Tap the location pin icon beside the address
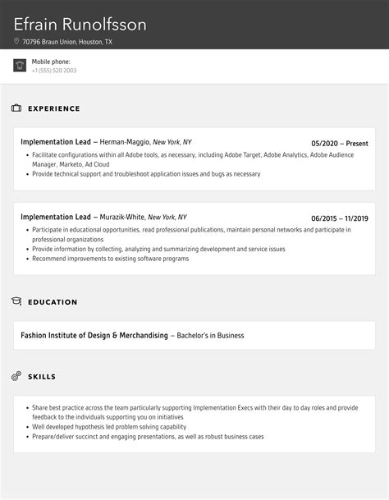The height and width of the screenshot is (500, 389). pos(16,41)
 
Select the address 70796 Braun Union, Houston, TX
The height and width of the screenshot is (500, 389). pos(67,41)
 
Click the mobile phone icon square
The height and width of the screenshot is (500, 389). pos(20,66)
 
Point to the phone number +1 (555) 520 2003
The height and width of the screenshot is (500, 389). pos(54,71)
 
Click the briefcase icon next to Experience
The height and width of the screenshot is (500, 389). pos(16,108)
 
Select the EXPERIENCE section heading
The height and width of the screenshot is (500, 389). pos(54,108)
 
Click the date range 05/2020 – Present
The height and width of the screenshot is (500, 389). pos(340,143)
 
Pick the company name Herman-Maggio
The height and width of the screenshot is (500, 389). pos(125,142)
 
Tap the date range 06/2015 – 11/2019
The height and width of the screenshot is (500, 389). pos(340,218)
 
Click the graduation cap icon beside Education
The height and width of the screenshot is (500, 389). pos(16,302)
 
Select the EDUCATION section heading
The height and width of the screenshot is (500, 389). pos(53,302)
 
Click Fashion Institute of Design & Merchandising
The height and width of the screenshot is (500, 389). pos(94,335)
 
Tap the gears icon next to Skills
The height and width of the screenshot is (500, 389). pos(16,376)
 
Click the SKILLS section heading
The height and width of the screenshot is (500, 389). pos(42,377)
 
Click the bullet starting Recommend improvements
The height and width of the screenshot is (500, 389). pos(110,259)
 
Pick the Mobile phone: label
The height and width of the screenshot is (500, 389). pos(51,62)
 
